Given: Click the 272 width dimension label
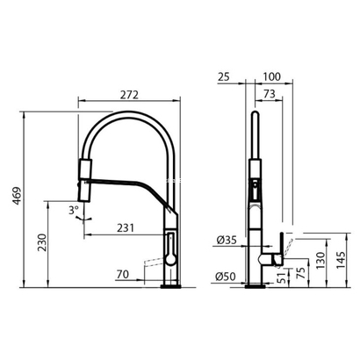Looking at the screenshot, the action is [129, 95].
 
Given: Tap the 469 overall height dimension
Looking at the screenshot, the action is [18, 196].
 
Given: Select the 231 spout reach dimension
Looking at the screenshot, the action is [126, 227].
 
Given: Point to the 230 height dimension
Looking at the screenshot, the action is [42, 242].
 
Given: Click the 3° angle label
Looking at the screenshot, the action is [74, 210].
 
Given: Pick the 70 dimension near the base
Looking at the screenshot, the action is [123, 275].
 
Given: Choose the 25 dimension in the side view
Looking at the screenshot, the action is [224, 76].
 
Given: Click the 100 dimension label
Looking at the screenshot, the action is [271, 76].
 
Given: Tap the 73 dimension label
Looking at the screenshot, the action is [270, 94].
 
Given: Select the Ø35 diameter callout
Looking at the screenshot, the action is [227, 241].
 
